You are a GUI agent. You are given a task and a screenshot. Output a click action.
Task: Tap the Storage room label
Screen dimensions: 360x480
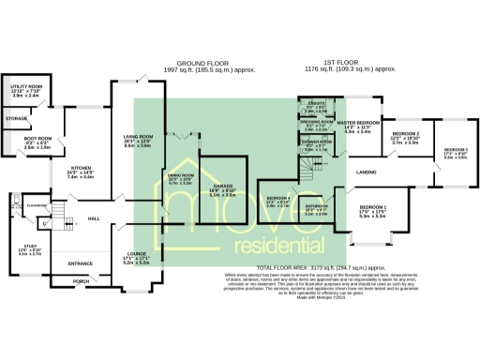tap(17, 119)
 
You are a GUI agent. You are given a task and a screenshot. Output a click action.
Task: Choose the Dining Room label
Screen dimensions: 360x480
tap(181, 174)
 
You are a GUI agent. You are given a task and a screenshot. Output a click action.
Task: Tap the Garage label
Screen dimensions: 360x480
tap(222, 187)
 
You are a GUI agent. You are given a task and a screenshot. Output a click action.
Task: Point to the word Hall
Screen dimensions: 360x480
tap(94, 218)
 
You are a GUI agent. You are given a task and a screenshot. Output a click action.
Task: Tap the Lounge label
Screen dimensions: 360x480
tap(139, 254)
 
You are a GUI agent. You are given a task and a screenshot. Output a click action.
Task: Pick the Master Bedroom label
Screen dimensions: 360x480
tap(358, 123)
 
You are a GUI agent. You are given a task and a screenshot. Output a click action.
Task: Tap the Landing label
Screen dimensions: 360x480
tap(367, 172)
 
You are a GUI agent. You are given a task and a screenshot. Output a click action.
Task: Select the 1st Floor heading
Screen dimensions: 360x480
tap(351, 63)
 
